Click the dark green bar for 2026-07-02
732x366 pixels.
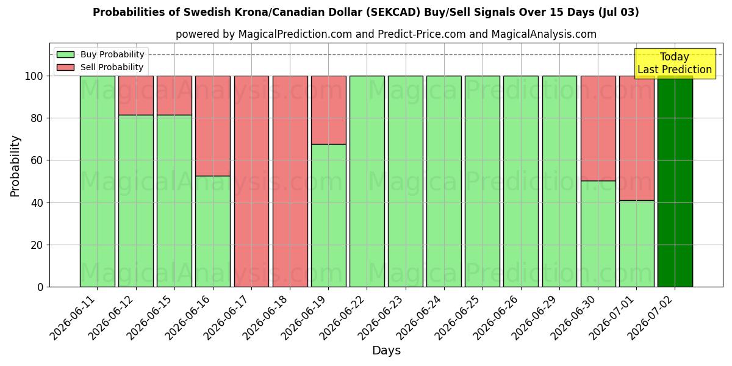(x=675, y=181)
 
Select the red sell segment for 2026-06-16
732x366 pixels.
(x=213, y=126)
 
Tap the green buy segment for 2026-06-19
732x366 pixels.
(x=328, y=216)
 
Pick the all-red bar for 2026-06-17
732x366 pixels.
(x=251, y=181)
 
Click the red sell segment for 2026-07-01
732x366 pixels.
(x=637, y=138)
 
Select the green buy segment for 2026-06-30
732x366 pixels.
(x=598, y=234)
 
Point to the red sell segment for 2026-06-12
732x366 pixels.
(x=135, y=95)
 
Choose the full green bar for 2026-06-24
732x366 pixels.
(x=444, y=181)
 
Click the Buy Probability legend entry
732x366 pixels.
(x=100, y=54)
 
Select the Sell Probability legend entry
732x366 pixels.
(x=100, y=67)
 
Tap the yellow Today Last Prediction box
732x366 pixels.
(x=675, y=63)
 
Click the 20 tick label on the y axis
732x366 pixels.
(x=37, y=245)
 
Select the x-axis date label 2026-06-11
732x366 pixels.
(x=74, y=318)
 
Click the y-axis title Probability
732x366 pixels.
(x=15, y=166)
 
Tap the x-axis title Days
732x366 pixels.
(x=386, y=350)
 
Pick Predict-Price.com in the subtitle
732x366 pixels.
(x=422, y=34)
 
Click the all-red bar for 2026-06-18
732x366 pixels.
(x=290, y=181)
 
